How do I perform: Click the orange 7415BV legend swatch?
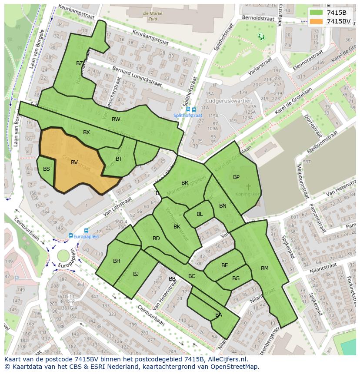tap(316, 21)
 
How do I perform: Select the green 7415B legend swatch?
tap(316, 13)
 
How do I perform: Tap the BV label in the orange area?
tap(74, 162)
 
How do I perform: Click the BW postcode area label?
tap(116, 119)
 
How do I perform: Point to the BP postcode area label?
tap(236, 177)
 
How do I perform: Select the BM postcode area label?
tap(265, 268)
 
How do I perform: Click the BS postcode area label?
tap(47, 169)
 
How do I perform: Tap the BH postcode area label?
tap(117, 261)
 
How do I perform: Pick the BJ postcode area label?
tap(136, 274)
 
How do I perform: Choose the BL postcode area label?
tap(200, 214)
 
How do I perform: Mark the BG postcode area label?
tap(236, 278)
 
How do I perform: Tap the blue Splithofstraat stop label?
tap(188, 116)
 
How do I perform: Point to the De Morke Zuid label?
tap(153, 16)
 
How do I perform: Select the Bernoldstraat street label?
tap(258, 19)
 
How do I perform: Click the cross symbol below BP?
tap(249, 187)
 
